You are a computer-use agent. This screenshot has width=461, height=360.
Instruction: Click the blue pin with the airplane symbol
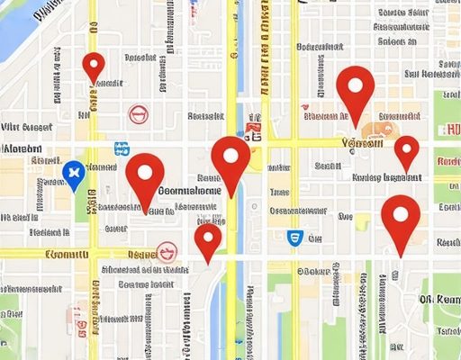tap(73, 172)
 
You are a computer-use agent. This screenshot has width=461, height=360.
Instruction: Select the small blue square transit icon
tap(120, 148)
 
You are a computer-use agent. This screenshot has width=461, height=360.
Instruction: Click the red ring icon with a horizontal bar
tap(137, 113)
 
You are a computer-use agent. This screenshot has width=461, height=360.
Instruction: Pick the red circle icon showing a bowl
tap(166, 251)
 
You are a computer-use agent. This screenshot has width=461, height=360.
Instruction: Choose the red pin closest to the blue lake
tap(94, 67)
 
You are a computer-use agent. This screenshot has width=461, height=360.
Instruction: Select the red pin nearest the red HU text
tap(407, 151)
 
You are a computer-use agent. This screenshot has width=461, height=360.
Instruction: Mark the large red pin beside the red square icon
tap(230, 162)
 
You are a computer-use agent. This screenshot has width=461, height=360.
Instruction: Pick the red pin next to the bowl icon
tap(208, 241)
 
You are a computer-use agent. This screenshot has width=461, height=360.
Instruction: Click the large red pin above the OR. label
tap(400, 221)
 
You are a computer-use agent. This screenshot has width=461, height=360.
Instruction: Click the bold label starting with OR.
tap(439, 300)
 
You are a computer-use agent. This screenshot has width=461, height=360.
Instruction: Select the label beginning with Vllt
tap(27, 127)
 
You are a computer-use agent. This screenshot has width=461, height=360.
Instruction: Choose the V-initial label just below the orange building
tap(363, 143)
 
